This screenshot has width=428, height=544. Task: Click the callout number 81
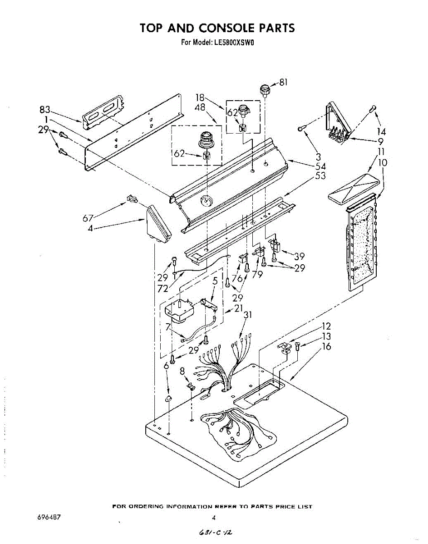tap(283, 83)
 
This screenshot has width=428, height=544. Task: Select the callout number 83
tap(44, 110)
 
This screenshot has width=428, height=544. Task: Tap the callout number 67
tap(88, 219)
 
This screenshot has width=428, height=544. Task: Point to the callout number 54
tap(320, 166)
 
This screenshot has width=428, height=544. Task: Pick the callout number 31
tap(248, 315)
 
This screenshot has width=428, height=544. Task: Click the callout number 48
tap(200, 107)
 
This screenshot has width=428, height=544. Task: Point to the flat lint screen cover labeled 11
tap(352, 187)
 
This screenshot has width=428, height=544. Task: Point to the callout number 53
tap(320, 176)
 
